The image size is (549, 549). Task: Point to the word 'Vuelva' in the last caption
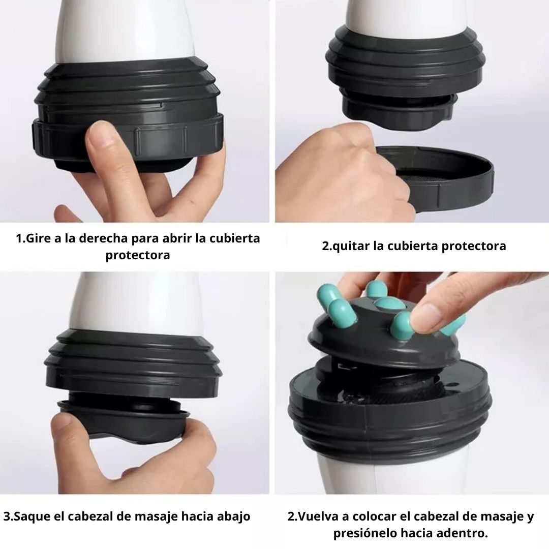click(x=318, y=517)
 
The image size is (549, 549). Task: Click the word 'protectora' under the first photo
click(x=138, y=255)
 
